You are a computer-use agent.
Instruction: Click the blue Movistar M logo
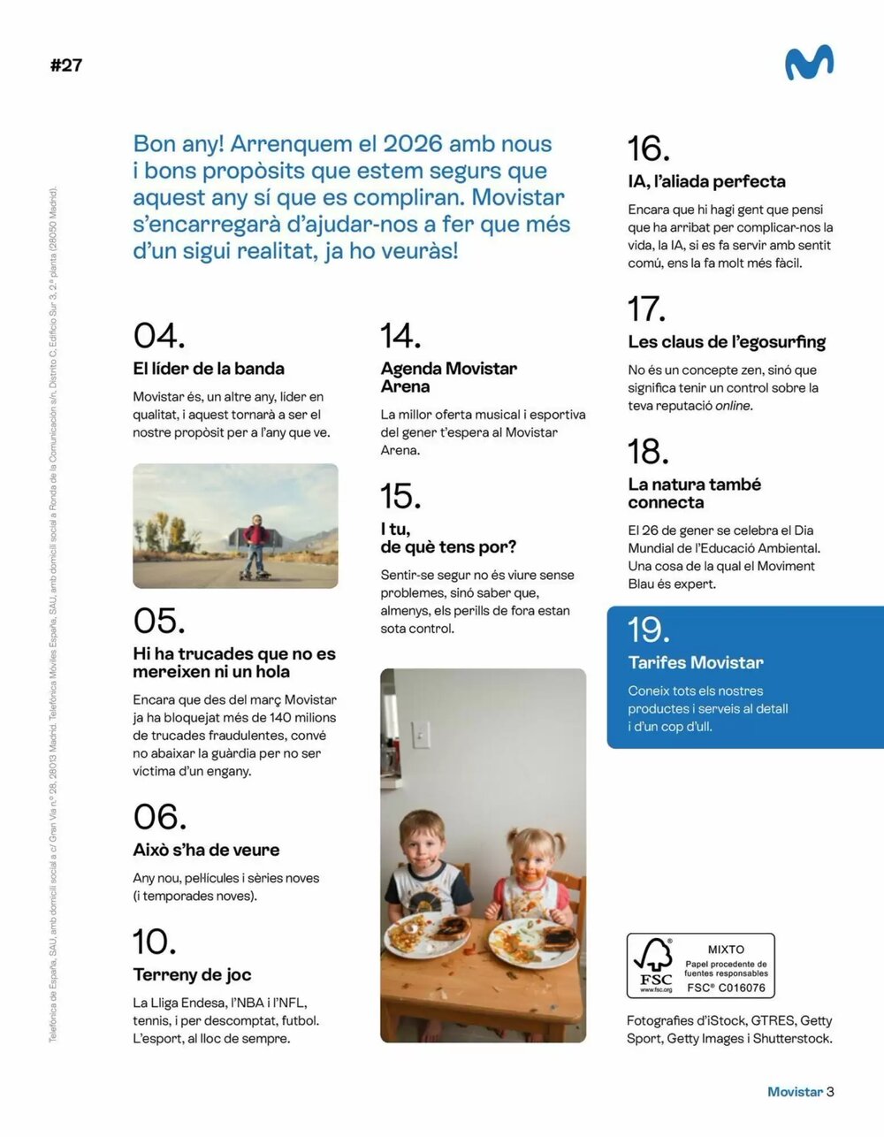[x=809, y=63]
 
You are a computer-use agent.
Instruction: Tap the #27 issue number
[x=66, y=65]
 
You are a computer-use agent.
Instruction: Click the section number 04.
[x=159, y=336]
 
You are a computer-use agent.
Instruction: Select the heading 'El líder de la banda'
[x=209, y=369]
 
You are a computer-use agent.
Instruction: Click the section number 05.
[x=159, y=621]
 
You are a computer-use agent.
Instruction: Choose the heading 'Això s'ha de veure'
[x=206, y=850]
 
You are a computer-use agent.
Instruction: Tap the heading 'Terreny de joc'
[x=192, y=974]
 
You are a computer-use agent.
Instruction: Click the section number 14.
[x=400, y=336]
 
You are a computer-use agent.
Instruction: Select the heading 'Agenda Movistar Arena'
[x=448, y=378]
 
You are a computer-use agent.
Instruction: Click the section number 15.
[x=400, y=496]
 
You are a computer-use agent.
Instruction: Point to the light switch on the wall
[x=422, y=734]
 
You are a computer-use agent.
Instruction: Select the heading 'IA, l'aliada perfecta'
[x=706, y=181]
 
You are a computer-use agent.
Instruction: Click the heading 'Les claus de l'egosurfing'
[x=727, y=341]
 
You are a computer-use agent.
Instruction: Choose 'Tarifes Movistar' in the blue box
[x=696, y=662]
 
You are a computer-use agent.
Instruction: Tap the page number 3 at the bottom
[x=830, y=1092]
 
